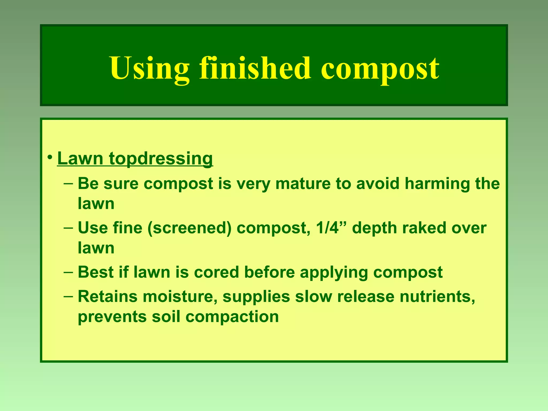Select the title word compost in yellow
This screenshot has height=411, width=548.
(380, 69)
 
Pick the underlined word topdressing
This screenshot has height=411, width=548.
(161, 159)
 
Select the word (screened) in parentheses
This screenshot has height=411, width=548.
(189, 229)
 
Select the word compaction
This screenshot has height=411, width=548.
(232, 317)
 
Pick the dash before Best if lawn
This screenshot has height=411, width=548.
(68, 272)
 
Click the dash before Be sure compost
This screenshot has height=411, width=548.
(68, 184)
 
